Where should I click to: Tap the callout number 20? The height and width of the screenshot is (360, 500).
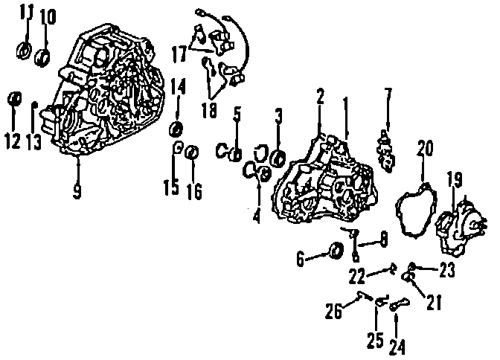click(x=424, y=148)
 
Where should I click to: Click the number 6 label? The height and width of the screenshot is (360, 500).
click(x=301, y=259)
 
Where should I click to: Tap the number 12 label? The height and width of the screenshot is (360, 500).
click(x=13, y=141)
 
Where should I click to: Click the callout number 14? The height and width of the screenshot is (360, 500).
click(x=178, y=87)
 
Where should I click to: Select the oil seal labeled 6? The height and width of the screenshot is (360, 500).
click(x=335, y=251)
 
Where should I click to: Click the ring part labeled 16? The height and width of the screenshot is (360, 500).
click(x=190, y=152)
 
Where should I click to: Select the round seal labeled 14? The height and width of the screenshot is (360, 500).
click(x=178, y=127)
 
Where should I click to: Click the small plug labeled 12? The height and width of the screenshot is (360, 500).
click(x=13, y=99)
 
